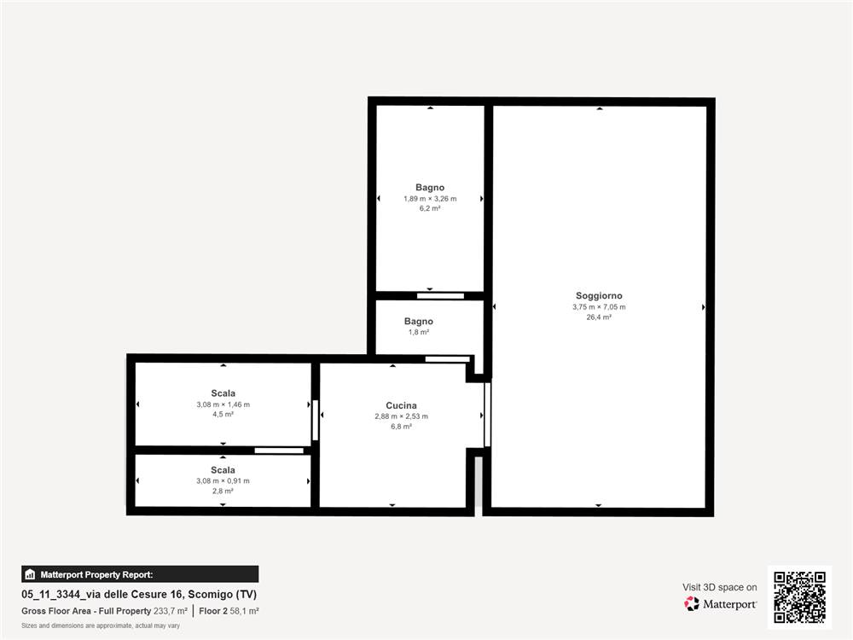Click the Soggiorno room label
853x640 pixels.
(x=599, y=295)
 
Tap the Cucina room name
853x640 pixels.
(x=401, y=405)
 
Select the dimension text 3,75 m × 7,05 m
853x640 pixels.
(x=599, y=307)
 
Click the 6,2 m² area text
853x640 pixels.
(x=430, y=208)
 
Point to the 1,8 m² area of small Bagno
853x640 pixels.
(x=418, y=332)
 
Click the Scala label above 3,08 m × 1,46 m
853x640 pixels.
(x=223, y=393)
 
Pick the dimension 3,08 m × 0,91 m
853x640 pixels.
(x=223, y=481)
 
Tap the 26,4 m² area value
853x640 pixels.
(x=599, y=317)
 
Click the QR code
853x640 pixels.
(x=800, y=597)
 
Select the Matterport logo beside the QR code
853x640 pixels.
(x=720, y=604)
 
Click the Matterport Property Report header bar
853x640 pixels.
(x=140, y=574)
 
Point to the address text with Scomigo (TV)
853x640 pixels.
(x=139, y=594)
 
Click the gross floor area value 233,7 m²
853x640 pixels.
(x=171, y=611)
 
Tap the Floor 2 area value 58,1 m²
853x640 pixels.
(x=244, y=611)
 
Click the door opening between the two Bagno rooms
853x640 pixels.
(x=441, y=296)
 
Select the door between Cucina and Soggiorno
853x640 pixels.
(x=487, y=415)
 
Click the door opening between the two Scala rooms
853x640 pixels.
(x=279, y=451)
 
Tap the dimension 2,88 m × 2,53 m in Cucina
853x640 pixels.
(x=401, y=416)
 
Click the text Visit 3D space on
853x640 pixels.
(x=720, y=587)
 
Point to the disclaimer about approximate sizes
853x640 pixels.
(x=101, y=625)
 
